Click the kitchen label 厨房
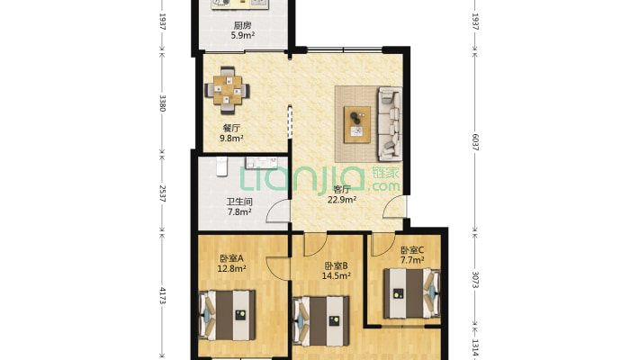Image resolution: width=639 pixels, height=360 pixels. (x=242, y=26)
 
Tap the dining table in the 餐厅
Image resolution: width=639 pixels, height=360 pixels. (x=228, y=90)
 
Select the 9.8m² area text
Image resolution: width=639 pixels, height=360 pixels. (x=231, y=138)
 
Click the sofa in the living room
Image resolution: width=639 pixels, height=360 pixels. (x=390, y=123)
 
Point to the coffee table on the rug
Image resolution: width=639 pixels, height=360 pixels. (x=357, y=124)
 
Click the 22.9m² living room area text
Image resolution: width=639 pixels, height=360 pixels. (x=342, y=200)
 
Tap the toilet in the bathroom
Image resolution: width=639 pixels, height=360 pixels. (x=221, y=166)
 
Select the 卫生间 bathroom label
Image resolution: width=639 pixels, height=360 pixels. (x=239, y=202)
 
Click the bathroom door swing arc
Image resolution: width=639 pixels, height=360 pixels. (x=272, y=207)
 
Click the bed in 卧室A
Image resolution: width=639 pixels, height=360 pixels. (x=227, y=315)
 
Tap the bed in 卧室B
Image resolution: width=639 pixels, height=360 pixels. (x=321, y=321)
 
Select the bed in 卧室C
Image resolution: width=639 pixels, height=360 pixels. (x=411, y=293)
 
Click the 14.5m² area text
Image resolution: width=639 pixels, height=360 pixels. (x=337, y=275)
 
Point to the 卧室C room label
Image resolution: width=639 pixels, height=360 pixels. (x=412, y=250)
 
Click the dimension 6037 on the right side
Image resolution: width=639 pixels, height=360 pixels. (x=475, y=142)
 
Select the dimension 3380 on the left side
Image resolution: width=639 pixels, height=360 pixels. (x=162, y=103)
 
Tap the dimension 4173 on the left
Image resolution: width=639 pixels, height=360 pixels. (x=162, y=295)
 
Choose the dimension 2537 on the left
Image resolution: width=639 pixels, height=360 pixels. (x=162, y=193)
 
